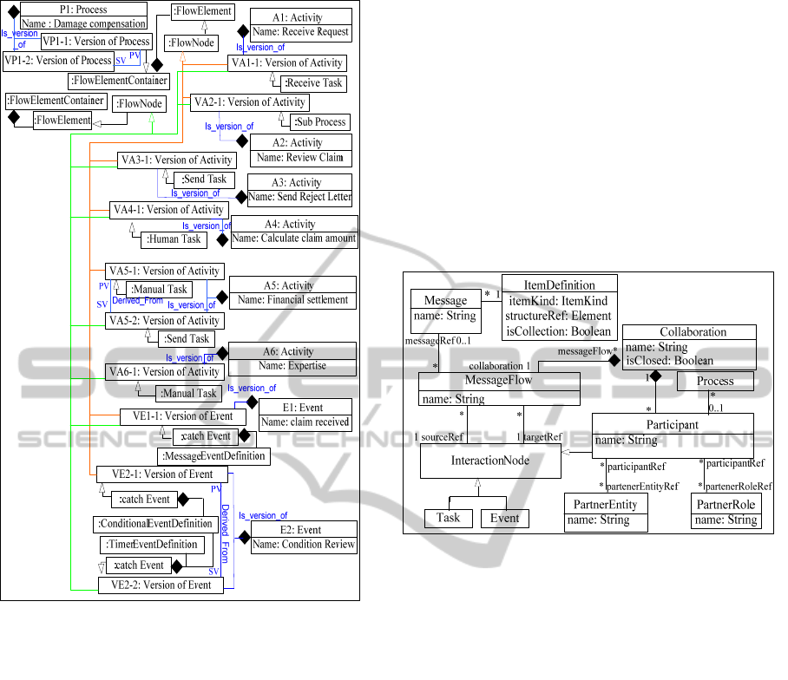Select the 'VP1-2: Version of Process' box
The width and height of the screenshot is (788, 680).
point(58,61)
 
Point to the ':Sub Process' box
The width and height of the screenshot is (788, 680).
point(319,121)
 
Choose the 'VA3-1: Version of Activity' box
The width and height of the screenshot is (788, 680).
point(175,160)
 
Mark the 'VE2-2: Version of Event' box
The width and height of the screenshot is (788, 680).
point(161,585)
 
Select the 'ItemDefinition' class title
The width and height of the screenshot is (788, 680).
point(560,284)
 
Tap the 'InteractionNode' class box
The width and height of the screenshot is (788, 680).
point(489,461)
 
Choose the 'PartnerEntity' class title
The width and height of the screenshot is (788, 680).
point(606,504)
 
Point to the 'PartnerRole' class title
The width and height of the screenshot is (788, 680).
point(726,504)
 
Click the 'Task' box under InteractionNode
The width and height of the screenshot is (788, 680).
point(449,518)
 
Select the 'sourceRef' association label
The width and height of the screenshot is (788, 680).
point(443,437)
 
